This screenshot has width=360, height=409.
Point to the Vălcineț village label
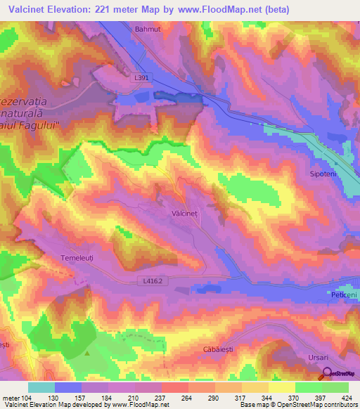pyautogui.click(x=186, y=212)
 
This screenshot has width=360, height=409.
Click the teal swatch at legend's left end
pyautogui.click(x=41, y=387)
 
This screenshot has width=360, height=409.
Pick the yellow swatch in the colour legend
pyautogui.click(x=281, y=387)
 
